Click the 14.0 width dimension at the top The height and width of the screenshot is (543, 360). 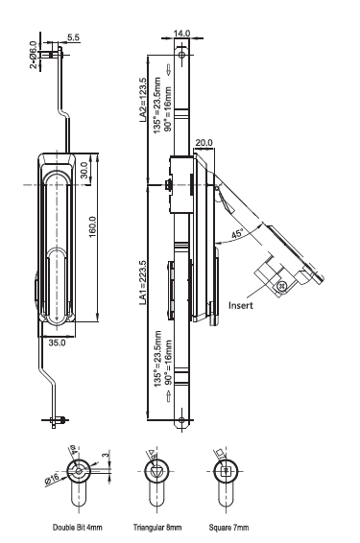click(181, 34)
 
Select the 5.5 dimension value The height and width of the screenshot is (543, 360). click(73, 37)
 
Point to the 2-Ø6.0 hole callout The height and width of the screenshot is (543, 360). click(34, 55)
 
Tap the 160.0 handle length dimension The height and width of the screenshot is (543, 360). click(93, 226)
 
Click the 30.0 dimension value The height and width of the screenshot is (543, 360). click(84, 170)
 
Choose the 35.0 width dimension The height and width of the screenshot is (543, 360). click(57, 342)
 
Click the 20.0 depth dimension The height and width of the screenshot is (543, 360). click(204, 142)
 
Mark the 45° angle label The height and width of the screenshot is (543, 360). click(237, 234)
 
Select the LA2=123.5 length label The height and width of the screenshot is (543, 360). click(143, 100)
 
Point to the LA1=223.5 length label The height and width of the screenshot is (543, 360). click(143, 283)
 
